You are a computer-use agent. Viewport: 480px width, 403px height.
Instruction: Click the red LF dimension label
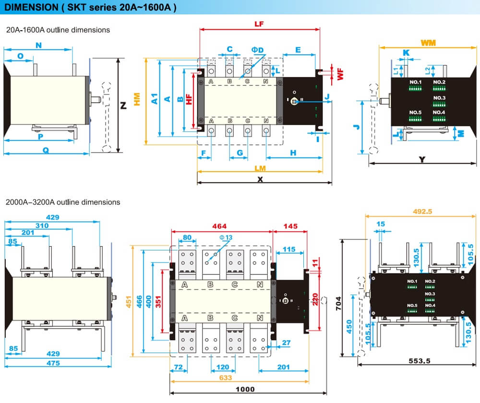point(259,24)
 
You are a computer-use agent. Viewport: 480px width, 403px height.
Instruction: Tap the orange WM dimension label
point(428,43)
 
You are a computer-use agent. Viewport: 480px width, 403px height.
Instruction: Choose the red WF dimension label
point(340,73)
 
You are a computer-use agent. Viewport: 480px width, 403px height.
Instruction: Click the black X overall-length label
point(261,178)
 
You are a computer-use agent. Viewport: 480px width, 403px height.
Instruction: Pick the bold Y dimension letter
point(422,159)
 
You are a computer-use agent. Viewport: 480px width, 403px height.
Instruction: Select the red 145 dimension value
point(290,226)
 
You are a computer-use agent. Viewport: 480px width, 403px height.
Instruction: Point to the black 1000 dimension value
point(245,389)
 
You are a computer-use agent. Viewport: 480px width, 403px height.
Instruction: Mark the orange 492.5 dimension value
point(423,211)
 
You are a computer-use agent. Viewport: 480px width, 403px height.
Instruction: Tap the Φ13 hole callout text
point(226,237)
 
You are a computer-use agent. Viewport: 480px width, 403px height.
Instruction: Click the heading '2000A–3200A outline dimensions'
point(63,202)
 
